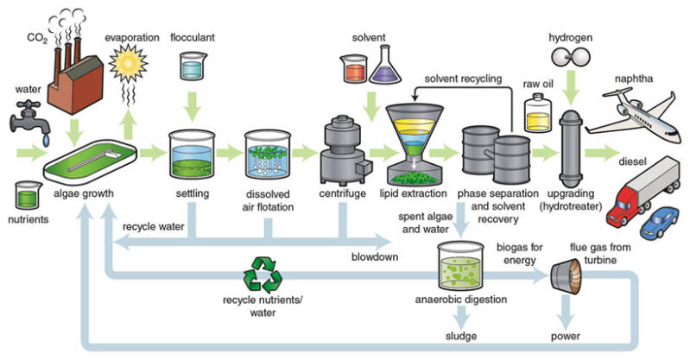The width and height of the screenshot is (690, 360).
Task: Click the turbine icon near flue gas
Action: tap(566, 275)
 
